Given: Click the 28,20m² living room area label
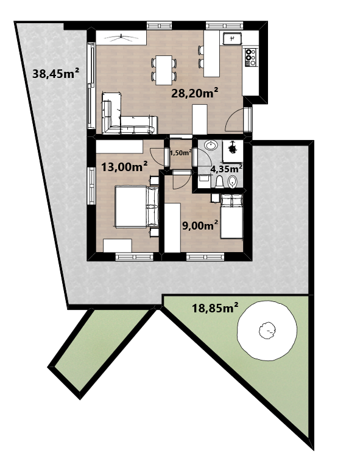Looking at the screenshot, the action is (194, 93).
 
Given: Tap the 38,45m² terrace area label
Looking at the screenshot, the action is (55, 73).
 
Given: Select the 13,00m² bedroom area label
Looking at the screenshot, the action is (125, 166).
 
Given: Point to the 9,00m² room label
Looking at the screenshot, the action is (200, 225).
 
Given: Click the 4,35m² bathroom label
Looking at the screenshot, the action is (226, 169).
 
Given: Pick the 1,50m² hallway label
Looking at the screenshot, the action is (180, 153).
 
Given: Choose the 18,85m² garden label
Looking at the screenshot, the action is (215, 307).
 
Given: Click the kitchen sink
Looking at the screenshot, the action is (232, 38).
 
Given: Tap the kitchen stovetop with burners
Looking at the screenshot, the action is (250, 57).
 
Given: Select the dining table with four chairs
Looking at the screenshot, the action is (164, 70).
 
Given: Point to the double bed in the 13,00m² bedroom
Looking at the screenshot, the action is (137, 206).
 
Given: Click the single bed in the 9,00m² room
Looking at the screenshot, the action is (231, 216).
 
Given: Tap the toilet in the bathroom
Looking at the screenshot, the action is (219, 181).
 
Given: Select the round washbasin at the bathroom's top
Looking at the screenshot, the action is (211, 146).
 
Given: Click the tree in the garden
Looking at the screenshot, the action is (267, 330).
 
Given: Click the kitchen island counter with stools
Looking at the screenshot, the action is (211, 54).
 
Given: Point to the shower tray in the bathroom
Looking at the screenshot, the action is (233, 151).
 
